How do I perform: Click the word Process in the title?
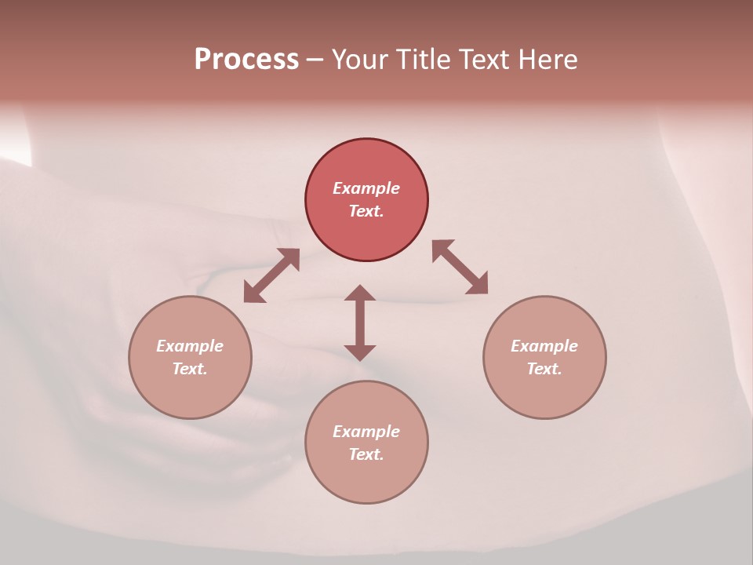[x=246, y=60]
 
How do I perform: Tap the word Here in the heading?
[x=547, y=60]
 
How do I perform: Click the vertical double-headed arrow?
[x=360, y=323]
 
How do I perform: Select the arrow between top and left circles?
[x=271, y=275]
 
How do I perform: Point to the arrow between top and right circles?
[x=460, y=267]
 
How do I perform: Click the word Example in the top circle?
[x=366, y=188]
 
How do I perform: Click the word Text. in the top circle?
[x=366, y=211]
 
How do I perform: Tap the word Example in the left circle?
[x=190, y=346]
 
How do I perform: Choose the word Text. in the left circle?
[x=190, y=369]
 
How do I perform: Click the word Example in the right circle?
[x=544, y=346]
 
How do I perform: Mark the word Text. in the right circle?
[x=544, y=369]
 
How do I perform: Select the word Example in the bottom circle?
[x=366, y=432]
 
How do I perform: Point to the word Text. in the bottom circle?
[x=366, y=454]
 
